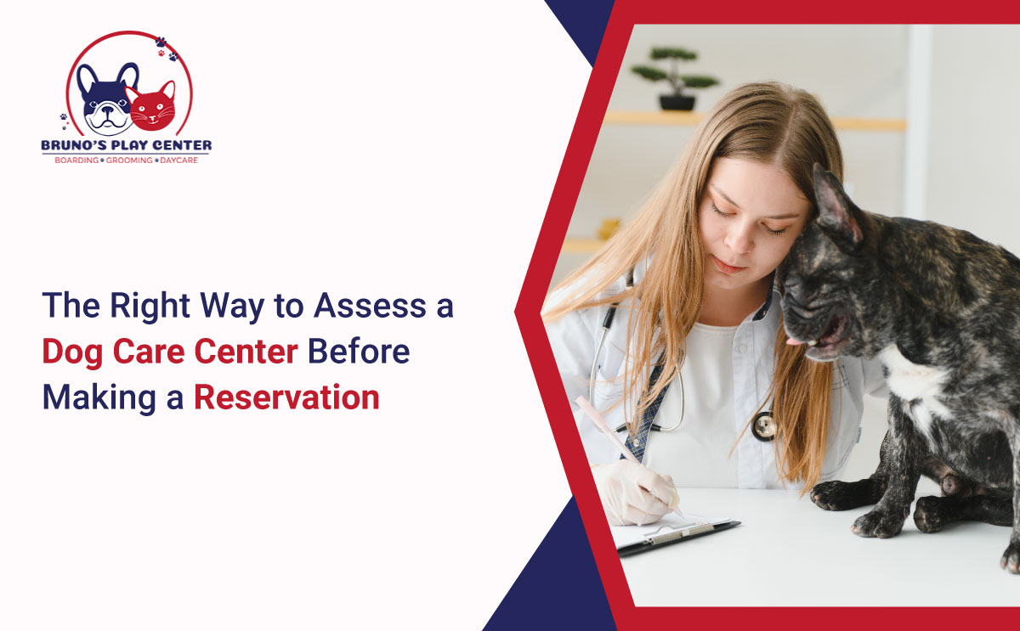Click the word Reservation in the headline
(x=287, y=397)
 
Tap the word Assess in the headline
(x=371, y=305)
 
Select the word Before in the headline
(x=359, y=352)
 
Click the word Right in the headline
(x=150, y=307)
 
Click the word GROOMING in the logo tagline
(x=129, y=161)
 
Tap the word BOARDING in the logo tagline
(x=76, y=161)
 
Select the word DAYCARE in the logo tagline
(x=179, y=161)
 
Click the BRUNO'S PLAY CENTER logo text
(x=127, y=145)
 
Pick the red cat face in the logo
(x=152, y=107)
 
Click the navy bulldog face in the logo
(x=106, y=99)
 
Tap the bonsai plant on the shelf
(x=676, y=79)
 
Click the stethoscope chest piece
(x=763, y=426)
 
